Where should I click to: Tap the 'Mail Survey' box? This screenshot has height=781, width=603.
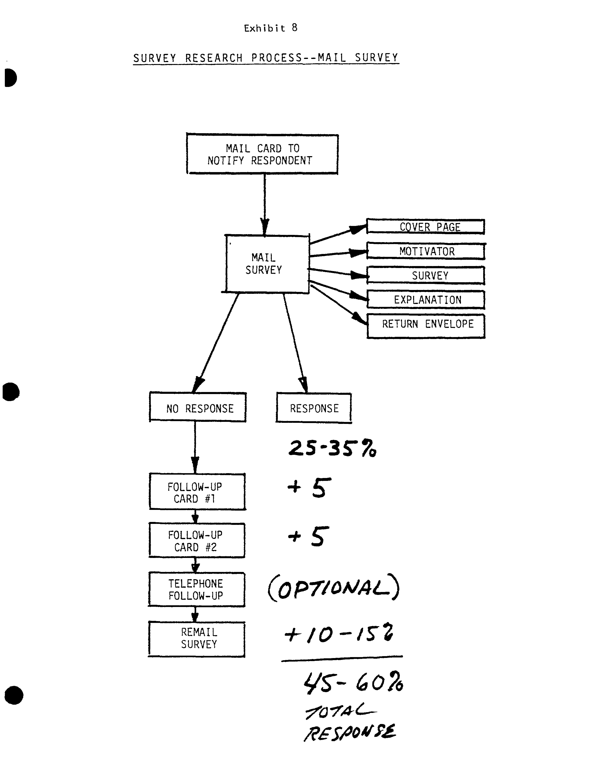(266, 264)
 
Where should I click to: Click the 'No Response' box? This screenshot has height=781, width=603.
(198, 408)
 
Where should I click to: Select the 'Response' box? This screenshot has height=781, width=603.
(314, 408)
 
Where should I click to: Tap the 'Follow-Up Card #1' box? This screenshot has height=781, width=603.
(197, 492)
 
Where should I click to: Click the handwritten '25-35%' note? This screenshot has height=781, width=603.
(332, 448)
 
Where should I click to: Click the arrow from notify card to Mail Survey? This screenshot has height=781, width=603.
(265, 204)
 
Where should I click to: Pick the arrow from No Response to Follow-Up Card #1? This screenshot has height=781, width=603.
(195, 447)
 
